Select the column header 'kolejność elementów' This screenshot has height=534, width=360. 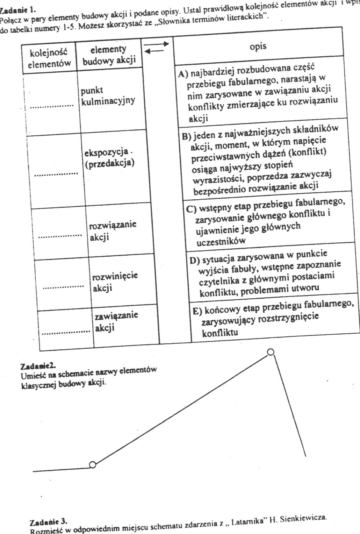[x=49, y=58]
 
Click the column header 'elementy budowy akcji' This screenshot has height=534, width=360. [x=108, y=55]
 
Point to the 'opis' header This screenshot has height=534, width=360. [x=258, y=47]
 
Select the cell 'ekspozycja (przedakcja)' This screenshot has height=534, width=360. [x=109, y=158]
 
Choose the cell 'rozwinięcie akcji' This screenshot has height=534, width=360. [x=115, y=282]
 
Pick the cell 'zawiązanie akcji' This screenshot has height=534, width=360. [x=116, y=321]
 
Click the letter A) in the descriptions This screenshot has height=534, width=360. [x=183, y=74]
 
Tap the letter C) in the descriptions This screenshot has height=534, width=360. [x=191, y=209]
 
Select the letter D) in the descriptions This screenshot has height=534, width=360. [x=194, y=260]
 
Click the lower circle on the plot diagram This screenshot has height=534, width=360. [x=92, y=464]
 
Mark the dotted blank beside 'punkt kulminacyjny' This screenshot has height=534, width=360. [x=52, y=107]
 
